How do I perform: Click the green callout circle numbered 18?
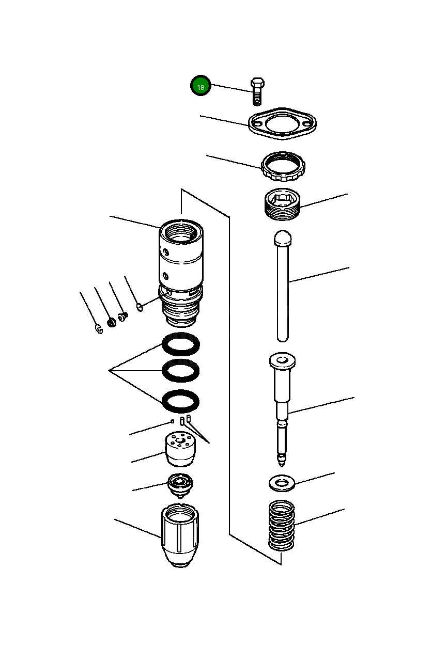(x=201, y=86)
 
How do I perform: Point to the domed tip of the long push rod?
(x=283, y=238)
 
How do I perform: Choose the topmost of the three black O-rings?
(x=181, y=344)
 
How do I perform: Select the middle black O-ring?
(x=181, y=370)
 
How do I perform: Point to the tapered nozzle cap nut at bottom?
(x=181, y=537)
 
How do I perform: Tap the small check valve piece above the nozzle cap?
(x=180, y=486)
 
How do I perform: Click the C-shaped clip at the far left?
(x=99, y=328)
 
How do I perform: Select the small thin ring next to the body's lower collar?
(x=140, y=308)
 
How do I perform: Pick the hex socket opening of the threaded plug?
(x=282, y=199)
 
